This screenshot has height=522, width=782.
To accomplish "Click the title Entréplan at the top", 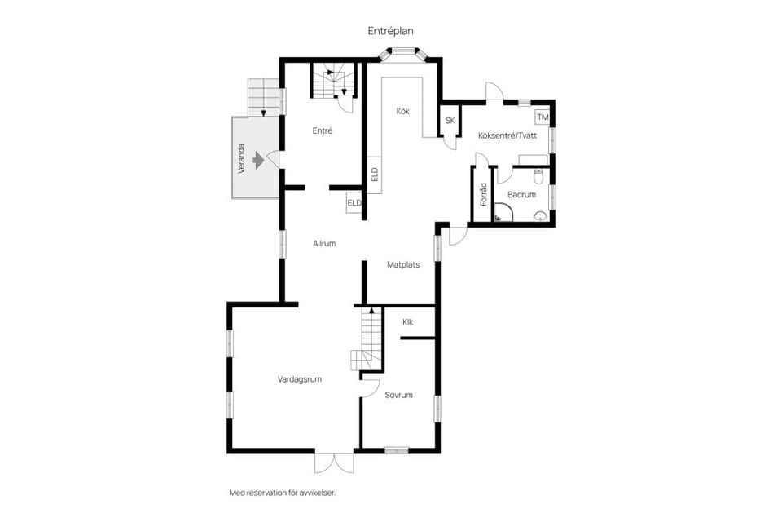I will [390, 30].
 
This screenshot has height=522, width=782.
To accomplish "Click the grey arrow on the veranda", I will [259, 160].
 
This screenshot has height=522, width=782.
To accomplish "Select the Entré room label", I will [322, 130].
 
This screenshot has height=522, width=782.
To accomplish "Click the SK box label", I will [449, 122].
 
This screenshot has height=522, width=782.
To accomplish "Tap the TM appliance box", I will [542, 118].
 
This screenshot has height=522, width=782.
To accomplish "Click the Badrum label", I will [521, 195].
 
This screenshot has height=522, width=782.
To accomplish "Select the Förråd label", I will [483, 194].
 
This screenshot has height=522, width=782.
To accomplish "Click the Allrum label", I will [324, 243].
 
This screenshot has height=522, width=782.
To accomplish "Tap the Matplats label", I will [403, 264].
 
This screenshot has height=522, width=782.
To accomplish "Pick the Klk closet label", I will [407, 322].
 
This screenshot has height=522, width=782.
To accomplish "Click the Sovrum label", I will [399, 395].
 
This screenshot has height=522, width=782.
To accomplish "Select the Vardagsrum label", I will [299, 379].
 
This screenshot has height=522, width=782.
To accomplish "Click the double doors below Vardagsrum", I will [334, 462].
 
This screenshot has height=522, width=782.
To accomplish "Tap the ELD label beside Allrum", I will [354, 203].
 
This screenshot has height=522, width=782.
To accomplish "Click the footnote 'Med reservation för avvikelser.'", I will [283, 493].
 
